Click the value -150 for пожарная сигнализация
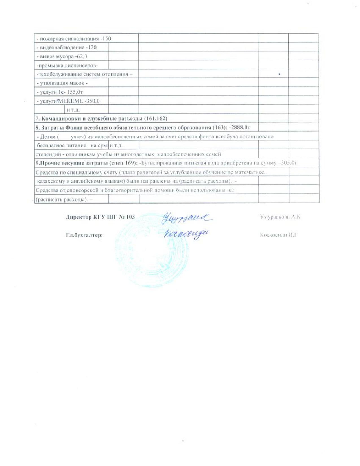pyautogui.click(x=106, y=38)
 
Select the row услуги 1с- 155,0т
pyautogui.click(x=60, y=92)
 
